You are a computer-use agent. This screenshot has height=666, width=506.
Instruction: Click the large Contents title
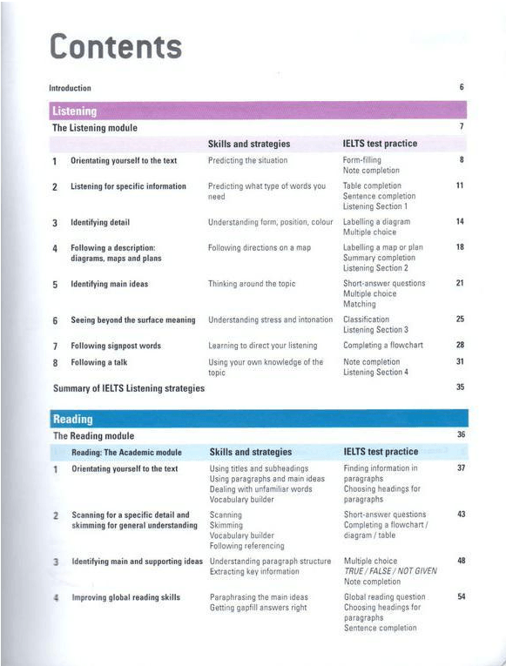click(116, 46)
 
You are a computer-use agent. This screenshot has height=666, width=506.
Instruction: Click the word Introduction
click(70, 88)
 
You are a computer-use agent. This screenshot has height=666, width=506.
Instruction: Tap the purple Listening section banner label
click(74, 111)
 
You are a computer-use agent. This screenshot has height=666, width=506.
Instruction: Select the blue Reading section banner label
click(72, 419)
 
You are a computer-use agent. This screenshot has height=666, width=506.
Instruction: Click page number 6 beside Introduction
click(461, 87)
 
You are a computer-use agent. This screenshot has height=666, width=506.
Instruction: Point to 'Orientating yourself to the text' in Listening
click(124, 160)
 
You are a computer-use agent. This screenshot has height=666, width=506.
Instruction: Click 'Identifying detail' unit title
click(100, 223)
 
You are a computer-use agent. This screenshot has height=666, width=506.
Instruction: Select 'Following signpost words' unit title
click(116, 346)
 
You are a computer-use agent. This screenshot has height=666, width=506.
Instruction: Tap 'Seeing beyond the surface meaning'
click(133, 320)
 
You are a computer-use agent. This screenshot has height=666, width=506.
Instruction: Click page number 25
click(460, 320)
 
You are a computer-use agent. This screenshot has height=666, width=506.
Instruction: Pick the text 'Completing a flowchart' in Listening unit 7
click(383, 346)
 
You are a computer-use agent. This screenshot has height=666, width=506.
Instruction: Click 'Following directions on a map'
click(260, 248)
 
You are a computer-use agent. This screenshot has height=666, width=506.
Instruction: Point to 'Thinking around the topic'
click(252, 284)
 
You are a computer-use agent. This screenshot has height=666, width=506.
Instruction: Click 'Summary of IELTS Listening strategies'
click(129, 387)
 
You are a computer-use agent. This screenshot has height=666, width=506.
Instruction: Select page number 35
click(460, 387)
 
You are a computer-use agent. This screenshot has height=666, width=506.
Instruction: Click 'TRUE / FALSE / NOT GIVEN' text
click(390, 571)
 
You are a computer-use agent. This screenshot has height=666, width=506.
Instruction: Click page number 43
click(461, 515)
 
